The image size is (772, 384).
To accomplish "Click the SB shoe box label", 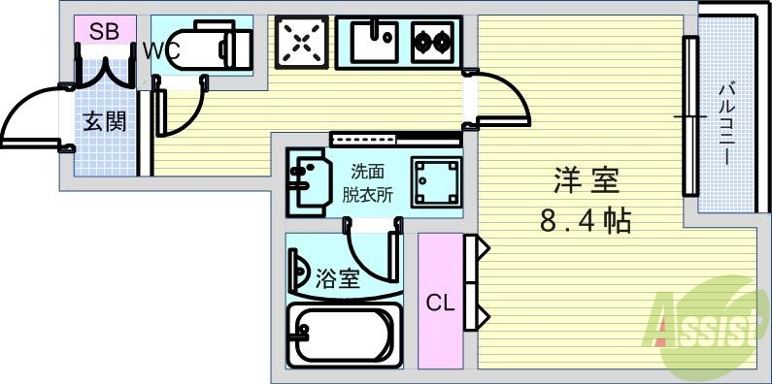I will coord(104,31).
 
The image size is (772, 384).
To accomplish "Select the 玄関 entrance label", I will coord(103,122).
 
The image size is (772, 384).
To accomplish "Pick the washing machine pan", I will coord(432,179).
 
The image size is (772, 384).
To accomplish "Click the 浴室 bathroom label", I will coord(338,279).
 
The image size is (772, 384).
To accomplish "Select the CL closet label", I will coord(440,303).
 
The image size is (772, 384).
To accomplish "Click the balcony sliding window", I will coord(689,116).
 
